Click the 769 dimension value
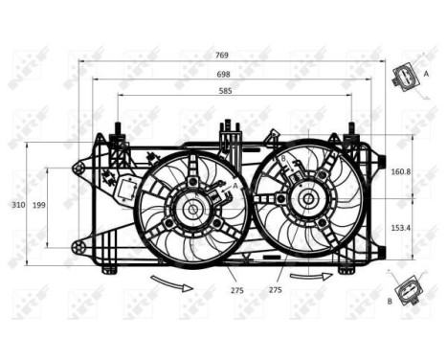coord(222,55)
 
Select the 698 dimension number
coord(222,73)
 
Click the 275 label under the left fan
coord(236,288)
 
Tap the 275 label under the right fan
coord(275,288)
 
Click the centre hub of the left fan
coord(192,208)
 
